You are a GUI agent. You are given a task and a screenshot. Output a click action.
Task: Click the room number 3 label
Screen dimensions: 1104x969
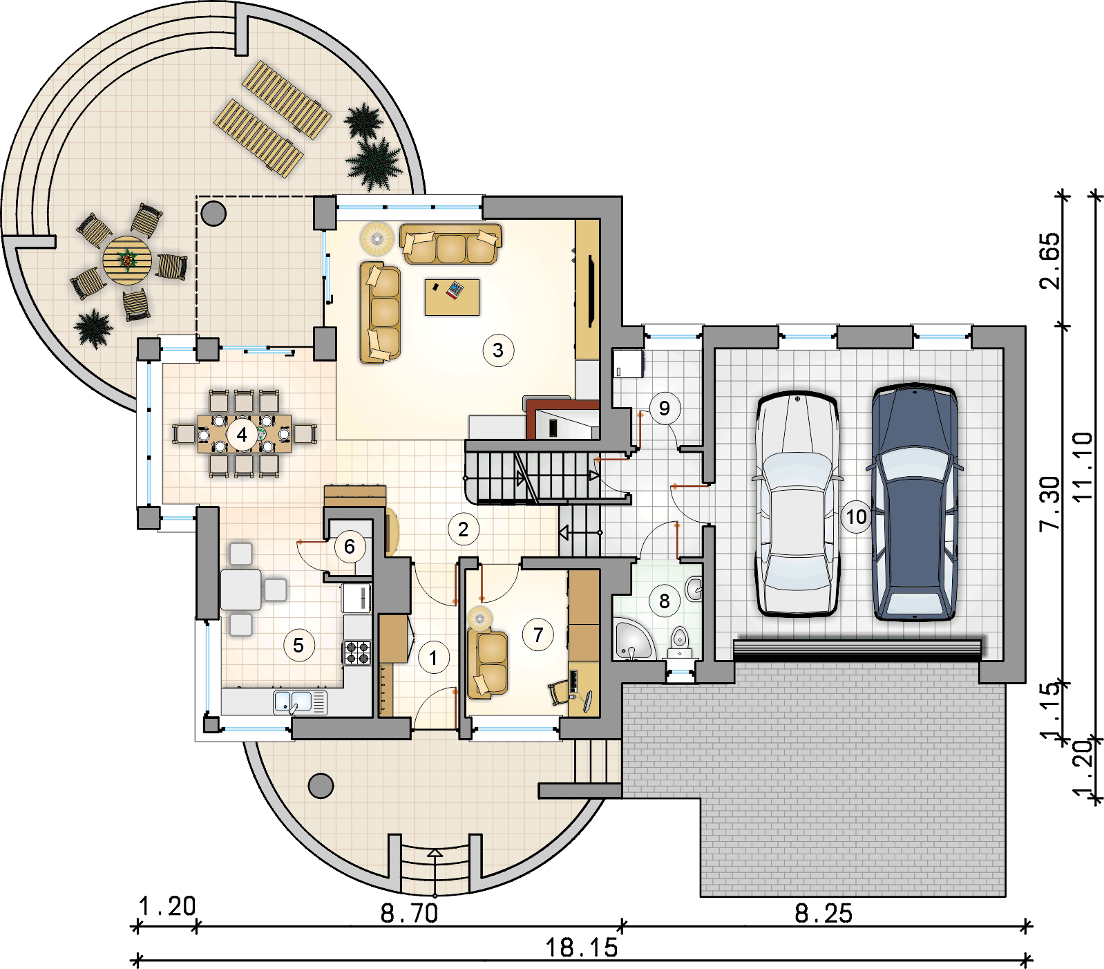pos(498,350)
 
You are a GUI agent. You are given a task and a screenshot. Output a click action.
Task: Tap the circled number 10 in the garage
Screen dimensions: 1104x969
pos(856,516)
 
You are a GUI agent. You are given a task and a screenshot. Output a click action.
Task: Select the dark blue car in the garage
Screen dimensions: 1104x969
pos(914,502)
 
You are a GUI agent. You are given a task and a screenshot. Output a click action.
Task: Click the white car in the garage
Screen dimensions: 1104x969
pos(797,504)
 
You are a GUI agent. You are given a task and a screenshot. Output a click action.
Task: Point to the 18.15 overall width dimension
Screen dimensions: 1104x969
pos(582,948)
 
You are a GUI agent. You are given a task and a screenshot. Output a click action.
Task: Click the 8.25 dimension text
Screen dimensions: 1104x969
pos(824,914)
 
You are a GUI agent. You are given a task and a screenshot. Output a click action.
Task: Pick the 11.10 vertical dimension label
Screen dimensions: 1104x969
pos(1083,467)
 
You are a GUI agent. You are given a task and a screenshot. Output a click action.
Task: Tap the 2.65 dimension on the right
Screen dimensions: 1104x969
pos(1049,261)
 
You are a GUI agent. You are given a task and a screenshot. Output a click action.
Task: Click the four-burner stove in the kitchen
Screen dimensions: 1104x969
pos(357,652)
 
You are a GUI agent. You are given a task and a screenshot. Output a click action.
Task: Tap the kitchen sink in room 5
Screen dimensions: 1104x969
pos(301,702)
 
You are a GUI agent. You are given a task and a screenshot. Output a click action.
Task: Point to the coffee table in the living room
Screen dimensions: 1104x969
pos(452,297)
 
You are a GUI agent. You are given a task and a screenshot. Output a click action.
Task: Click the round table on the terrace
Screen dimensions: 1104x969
pos(128,261)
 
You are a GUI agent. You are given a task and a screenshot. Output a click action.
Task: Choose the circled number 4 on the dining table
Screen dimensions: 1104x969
pos(242,435)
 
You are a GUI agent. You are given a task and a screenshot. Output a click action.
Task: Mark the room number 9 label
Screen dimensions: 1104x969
pos(665,408)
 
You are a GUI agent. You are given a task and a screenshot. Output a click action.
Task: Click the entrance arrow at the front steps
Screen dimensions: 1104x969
pos(435,872)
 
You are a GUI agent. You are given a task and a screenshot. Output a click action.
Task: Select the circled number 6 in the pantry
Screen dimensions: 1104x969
pos(350,547)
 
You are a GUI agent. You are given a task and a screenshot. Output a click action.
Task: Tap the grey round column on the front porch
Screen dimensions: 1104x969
pos(321,785)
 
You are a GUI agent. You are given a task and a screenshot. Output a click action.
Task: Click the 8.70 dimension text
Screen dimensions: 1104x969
pos(410,914)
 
